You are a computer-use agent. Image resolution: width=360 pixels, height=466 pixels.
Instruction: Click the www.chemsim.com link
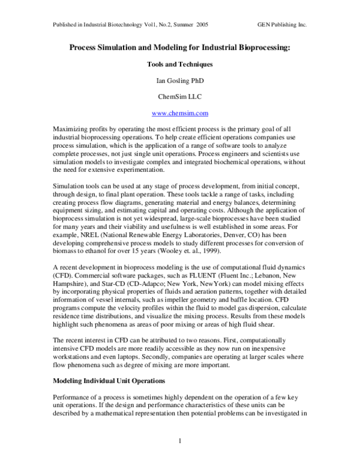pyautogui.click(x=179, y=112)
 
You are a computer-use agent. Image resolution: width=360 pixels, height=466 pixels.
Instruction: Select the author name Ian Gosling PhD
pyautogui.click(x=179, y=79)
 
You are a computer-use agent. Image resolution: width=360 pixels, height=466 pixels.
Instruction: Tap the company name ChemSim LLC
pyautogui.click(x=179, y=95)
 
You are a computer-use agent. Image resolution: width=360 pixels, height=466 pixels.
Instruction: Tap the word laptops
pyautogui.click(x=131, y=356)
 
